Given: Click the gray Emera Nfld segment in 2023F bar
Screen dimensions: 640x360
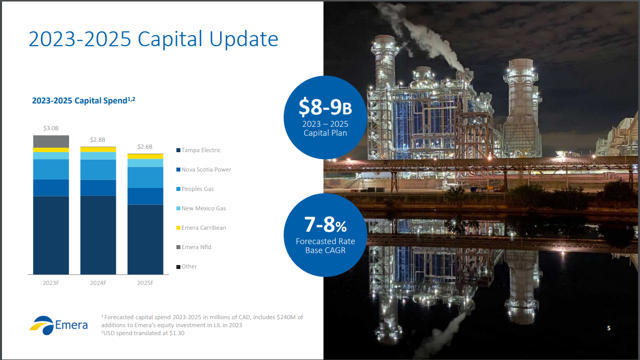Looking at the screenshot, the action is coord(51,142).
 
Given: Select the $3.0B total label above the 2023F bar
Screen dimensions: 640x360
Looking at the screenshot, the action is coord(51,128).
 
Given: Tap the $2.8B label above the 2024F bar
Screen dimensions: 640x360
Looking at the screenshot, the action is coord(98,140).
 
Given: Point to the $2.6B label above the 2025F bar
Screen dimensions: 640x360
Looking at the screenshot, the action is coord(145,146).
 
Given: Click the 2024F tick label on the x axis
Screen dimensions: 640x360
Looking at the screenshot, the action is coord(98,283).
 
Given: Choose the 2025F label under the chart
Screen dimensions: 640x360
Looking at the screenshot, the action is coord(145,283).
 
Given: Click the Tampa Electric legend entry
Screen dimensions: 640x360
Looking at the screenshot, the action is coord(199,150).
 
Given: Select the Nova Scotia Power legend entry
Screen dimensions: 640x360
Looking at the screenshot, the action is coord(204,170).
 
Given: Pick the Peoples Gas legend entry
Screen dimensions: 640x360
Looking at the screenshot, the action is coord(195,189).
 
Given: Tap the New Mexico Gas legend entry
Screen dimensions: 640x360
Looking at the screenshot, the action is coord(201,208).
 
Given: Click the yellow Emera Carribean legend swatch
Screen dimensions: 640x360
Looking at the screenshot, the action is coord(178,228).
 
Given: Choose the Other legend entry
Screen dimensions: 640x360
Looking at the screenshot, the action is coord(186,267).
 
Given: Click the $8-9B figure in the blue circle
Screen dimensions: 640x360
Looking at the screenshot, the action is coord(325,106).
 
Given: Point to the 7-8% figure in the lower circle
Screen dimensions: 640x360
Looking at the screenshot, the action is coord(325,224).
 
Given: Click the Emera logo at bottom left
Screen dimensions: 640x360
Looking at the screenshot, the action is coord(59,325).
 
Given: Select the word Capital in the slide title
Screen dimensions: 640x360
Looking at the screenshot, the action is coord(170,39).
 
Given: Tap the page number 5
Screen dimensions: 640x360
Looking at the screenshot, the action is coord(609,328).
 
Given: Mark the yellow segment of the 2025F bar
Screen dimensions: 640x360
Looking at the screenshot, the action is coord(146,157).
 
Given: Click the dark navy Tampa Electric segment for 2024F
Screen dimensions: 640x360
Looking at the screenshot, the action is coord(98,235).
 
